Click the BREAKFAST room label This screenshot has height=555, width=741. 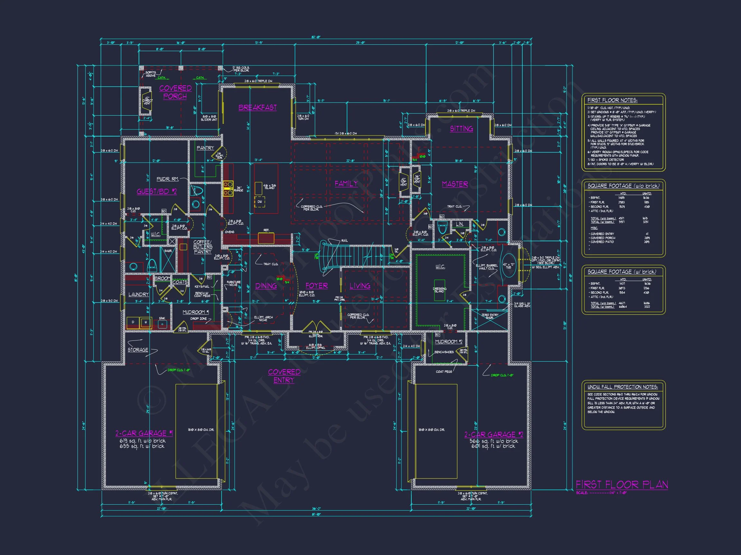257,107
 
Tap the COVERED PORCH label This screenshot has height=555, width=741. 175,92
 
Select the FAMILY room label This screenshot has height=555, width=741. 346,183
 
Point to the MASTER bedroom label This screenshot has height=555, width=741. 454,184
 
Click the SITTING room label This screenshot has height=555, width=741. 461,128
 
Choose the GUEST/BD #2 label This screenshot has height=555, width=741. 156,191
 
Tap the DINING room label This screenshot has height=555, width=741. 266,286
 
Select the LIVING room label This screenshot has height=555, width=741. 360,286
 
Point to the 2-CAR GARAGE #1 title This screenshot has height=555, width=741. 144,433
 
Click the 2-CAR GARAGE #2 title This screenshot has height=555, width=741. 493,434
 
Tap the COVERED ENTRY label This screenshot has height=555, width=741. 284,376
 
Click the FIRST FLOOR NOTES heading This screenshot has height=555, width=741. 612,100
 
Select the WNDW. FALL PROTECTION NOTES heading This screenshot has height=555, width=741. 622,387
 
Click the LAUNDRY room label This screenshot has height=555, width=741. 138,295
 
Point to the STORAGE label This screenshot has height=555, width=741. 138,349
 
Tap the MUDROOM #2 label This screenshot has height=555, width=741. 449,341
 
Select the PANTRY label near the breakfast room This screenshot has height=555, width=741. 205,148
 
